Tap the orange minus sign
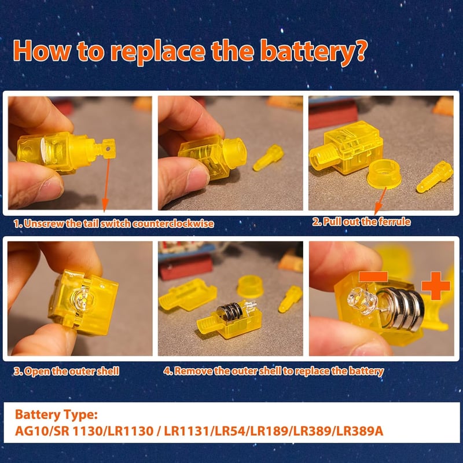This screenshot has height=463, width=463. click(373, 277)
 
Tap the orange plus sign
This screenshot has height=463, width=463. click(436, 286)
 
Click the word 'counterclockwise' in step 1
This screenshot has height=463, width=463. click(173, 223)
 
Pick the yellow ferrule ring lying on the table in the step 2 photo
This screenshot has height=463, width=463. click(384, 174)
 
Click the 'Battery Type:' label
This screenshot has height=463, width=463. click(56, 415)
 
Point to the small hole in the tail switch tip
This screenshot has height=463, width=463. click(108, 149)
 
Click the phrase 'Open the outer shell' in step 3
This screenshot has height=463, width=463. click(72, 371)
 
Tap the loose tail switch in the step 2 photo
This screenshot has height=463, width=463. click(435, 177)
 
